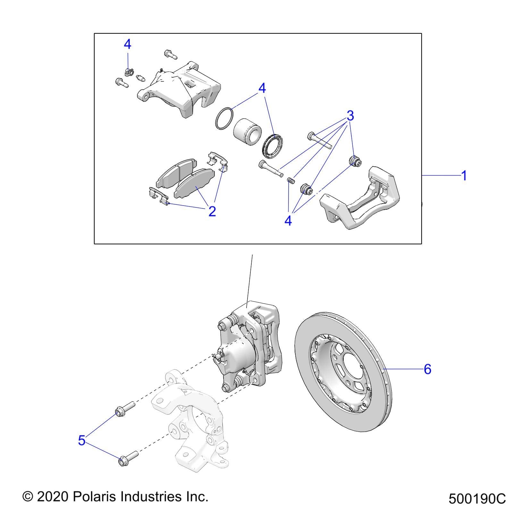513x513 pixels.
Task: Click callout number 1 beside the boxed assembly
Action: tap(463, 176)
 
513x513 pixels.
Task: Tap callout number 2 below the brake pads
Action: tap(212, 211)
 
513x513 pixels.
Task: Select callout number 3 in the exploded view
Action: tap(350, 115)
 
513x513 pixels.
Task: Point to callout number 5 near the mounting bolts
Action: tap(82, 440)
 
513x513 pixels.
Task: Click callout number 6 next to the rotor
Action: tap(427, 369)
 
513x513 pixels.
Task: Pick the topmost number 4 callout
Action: tap(127, 45)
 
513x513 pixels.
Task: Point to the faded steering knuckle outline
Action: tap(189, 423)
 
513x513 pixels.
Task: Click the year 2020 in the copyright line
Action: tap(53, 497)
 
